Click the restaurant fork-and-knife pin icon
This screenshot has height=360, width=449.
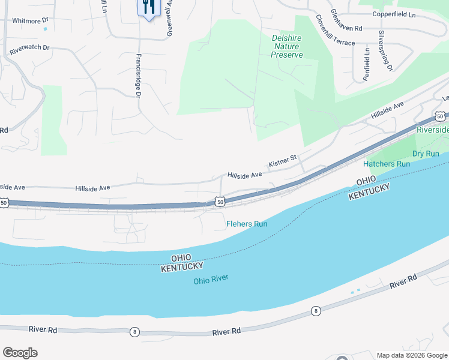[x=147, y=8]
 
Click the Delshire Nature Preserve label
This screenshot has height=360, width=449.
[x=287, y=46]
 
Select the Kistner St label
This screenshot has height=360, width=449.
[x=283, y=161]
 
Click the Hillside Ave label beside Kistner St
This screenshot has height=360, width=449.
[x=244, y=175]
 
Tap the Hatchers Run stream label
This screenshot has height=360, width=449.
[x=387, y=164]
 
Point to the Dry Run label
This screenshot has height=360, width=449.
[x=426, y=154]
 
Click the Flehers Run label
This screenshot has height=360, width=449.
[x=247, y=224]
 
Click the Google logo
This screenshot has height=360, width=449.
[x=20, y=353]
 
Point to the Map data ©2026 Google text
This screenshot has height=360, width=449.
[x=412, y=355]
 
